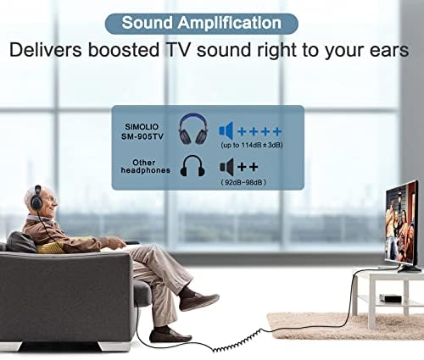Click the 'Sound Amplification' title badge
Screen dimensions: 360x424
(x=200, y=22)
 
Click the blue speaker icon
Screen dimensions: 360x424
(x=226, y=131)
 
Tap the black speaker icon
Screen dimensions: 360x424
(x=226, y=166)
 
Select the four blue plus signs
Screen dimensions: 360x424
(x=259, y=131)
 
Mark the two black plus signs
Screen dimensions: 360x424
(x=248, y=166)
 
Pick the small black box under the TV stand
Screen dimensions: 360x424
(x=388, y=298)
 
